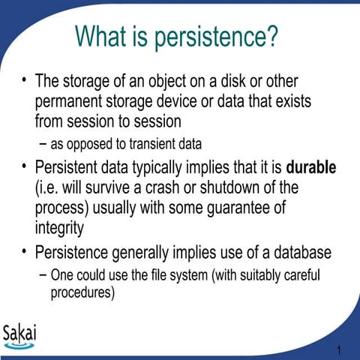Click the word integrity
coord(60,226)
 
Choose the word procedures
coord(82,292)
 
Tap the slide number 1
coord(340,350)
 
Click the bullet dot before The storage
coord(24,79)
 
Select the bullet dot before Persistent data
coord(24,166)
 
